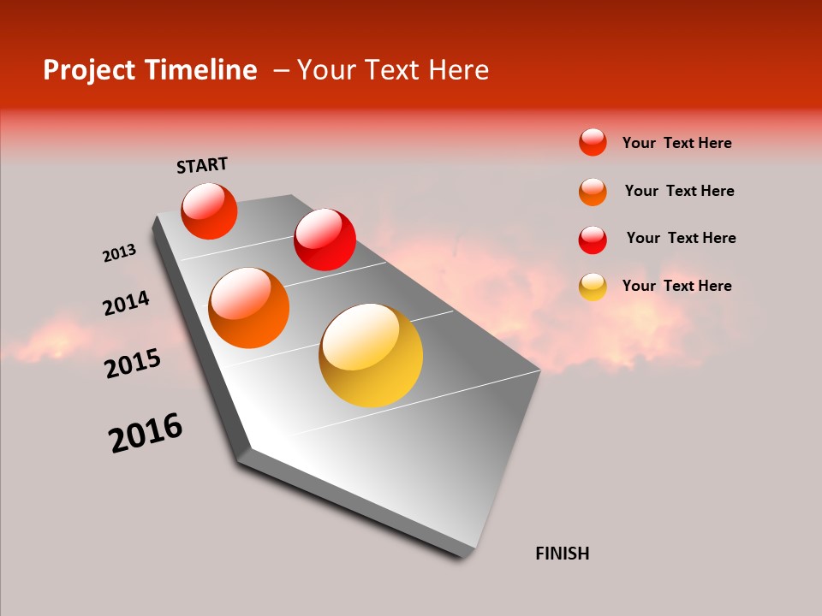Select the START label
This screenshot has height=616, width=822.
point(202,165)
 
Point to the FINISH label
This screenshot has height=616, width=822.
point(562,554)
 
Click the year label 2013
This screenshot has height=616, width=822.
point(119,253)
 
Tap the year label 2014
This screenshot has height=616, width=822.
point(126,304)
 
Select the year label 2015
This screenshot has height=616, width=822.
point(132,364)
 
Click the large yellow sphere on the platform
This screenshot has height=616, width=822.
point(371,355)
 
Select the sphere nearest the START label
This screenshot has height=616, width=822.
point(209,211)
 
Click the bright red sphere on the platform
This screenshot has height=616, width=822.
point(325,240)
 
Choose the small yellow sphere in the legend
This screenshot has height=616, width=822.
point(593,287)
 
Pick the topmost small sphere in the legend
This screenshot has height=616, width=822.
point(593,142)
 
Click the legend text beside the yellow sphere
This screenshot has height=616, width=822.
point(676,286)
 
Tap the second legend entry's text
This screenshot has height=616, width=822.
point(679,191)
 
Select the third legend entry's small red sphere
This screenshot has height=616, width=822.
point(593,240)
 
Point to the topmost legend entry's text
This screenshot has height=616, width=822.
point(676,143)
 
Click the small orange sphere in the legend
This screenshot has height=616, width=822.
point(593,192)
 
